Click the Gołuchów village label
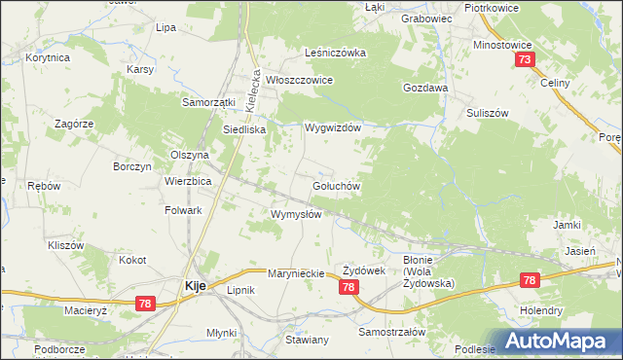337,186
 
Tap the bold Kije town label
193,286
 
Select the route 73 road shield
525,61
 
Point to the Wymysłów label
296,214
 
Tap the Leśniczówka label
334,54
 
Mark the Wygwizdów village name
333,128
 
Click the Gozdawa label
425,88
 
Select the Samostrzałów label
393,332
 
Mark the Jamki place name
567,225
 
